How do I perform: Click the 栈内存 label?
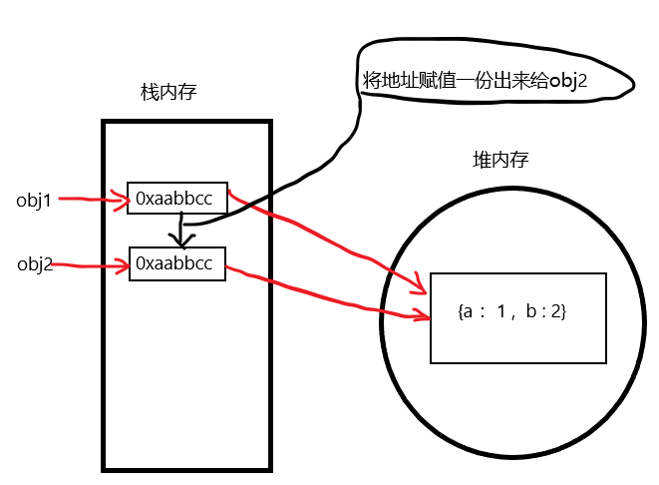coord(168,93)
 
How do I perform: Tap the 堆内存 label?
coord(500,161)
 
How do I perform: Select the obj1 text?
coord(33,200)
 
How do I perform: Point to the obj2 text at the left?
coord(34,264)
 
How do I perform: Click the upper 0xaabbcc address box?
coord(177,200)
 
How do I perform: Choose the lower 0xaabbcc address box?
coord(177,263)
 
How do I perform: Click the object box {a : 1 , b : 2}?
coord(516,316)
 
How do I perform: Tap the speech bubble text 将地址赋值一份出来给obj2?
coord(472,81)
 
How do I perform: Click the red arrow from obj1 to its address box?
coord(95,200)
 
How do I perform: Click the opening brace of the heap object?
coord(459,312)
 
